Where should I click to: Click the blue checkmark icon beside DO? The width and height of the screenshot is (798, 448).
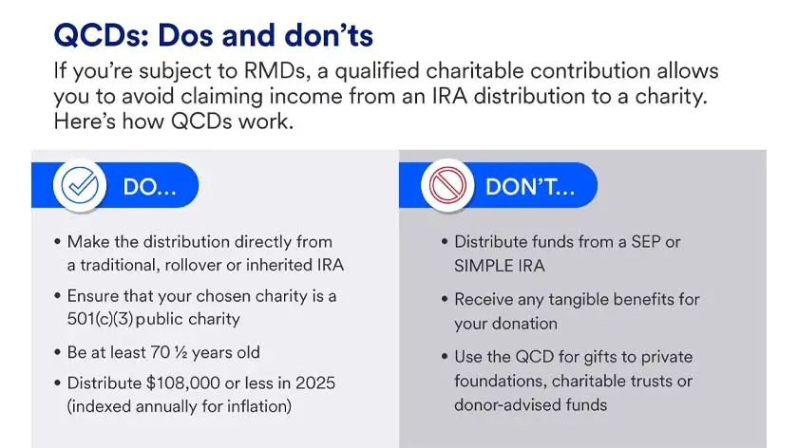point(80,187)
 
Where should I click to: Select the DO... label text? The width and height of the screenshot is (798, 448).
point(150,188)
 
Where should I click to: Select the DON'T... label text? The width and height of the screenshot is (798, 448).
point(529,188)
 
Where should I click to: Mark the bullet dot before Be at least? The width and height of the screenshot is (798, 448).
point(58,353)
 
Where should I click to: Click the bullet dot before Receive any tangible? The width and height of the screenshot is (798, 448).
point(446,300)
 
